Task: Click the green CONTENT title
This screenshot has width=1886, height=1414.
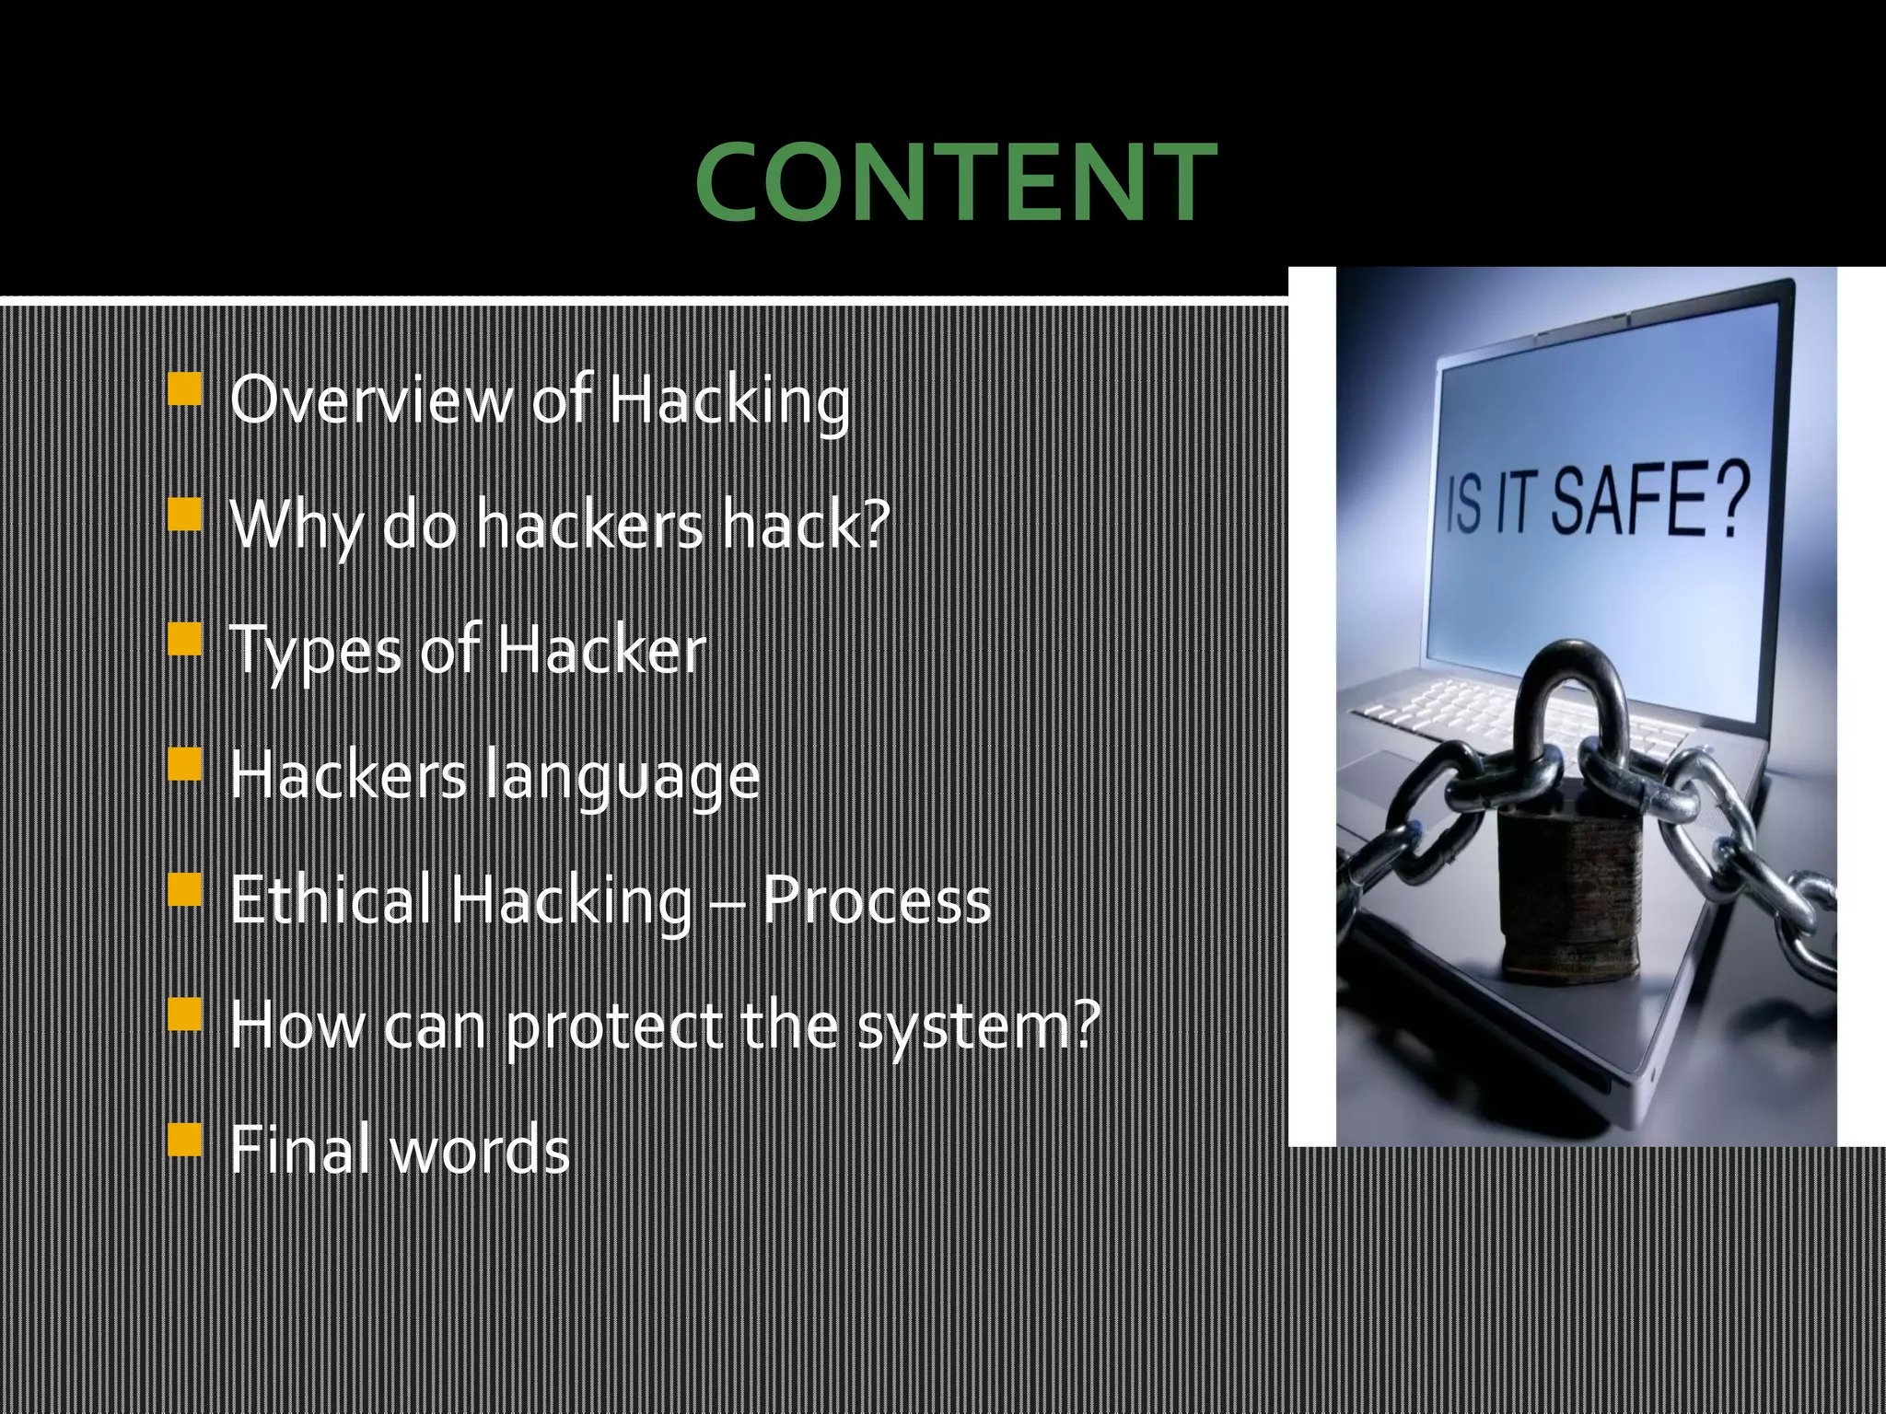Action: click(956, 182)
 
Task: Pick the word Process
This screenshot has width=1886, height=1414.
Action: click(877, 899)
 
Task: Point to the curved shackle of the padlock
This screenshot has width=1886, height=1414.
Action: click(1566, 700)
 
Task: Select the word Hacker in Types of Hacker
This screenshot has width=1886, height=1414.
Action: click(601, 650)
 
